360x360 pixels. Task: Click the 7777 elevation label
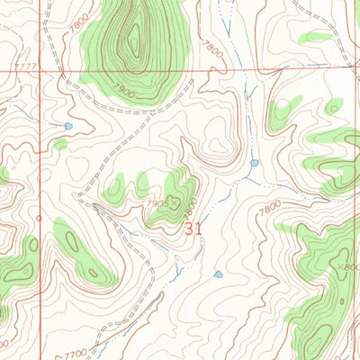coord(26,67)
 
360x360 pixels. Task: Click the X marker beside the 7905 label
coord(175,203)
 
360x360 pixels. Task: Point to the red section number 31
coord(193,229)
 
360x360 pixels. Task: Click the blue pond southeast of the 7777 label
coord(68,126)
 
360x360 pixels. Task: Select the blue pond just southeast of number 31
coord(219,274)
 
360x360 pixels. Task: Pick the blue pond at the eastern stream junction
coord(255,163)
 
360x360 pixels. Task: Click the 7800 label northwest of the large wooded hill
coord(82,22)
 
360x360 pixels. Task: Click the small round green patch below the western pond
coord(60,144)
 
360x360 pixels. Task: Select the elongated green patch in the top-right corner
coord(317,37)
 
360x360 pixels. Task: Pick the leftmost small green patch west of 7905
coord(114,191)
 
